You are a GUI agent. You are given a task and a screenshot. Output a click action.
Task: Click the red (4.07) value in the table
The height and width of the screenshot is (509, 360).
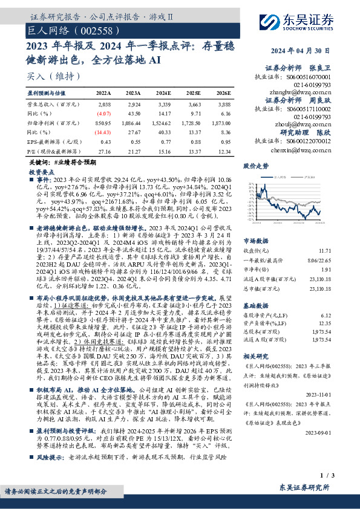103,114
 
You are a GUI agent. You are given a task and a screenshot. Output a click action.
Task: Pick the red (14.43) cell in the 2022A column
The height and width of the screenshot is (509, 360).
103,131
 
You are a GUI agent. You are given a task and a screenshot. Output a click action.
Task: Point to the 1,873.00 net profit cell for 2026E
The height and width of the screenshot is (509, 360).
220,123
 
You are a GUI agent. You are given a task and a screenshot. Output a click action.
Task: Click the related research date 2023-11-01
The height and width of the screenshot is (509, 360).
333,393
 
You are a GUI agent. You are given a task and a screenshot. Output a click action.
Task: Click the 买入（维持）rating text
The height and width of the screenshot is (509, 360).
53,76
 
